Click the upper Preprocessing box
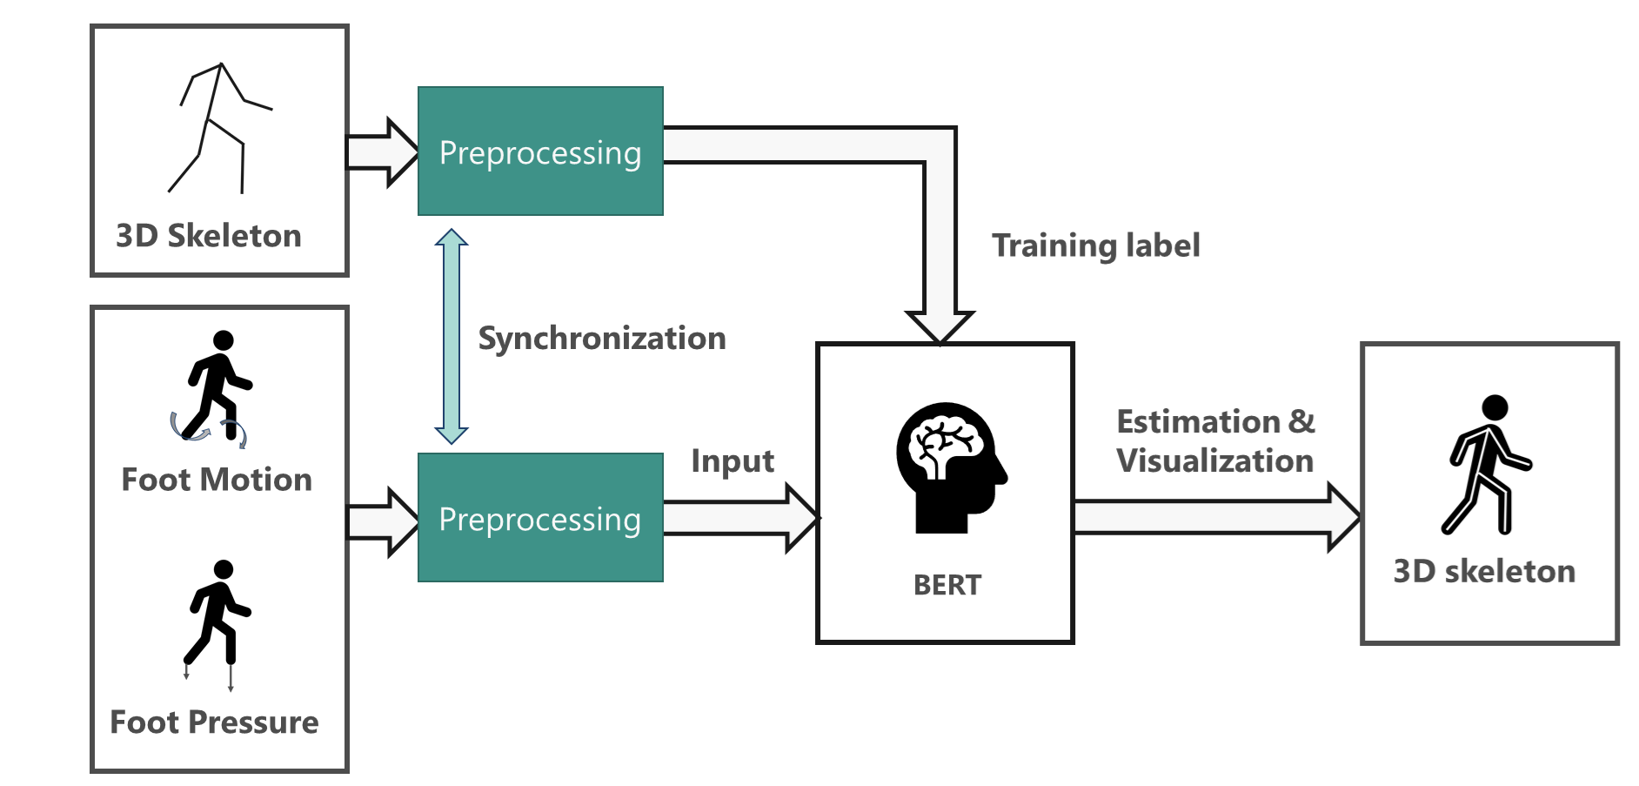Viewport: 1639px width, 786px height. [540, 151]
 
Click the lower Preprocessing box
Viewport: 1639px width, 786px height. [540, 518]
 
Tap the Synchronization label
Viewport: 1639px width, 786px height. [602, 338]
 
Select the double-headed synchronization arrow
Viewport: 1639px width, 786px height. [452, 336]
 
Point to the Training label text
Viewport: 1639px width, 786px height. [1096, 245]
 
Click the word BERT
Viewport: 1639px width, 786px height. [947, 586]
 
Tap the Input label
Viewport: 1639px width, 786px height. [733, 461]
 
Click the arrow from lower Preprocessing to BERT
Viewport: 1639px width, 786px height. [739, 518]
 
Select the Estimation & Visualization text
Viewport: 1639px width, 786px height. [1215, 441]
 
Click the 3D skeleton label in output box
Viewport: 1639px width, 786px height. [1484, 572]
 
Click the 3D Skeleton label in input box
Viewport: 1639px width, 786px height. [209, 236]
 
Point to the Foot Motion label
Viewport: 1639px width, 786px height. [217, 480]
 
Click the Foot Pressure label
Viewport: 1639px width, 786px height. [214, 722]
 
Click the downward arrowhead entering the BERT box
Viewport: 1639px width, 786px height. [940, 326]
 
